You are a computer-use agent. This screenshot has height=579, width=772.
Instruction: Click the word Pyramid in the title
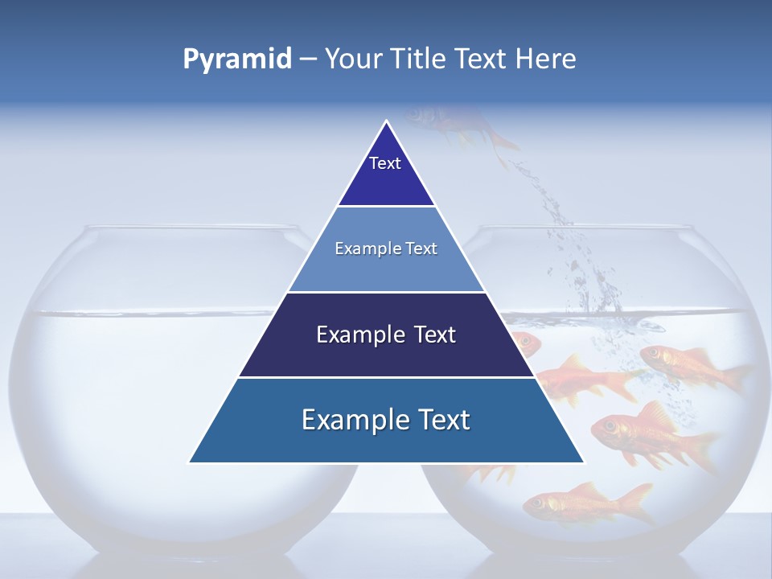pos(236,59)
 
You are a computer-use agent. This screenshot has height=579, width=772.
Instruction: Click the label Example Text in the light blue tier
pos(386,248)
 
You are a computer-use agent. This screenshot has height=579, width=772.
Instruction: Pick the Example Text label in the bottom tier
pos(386,420)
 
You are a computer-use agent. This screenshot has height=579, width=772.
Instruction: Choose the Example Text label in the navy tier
pos(386,335)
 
